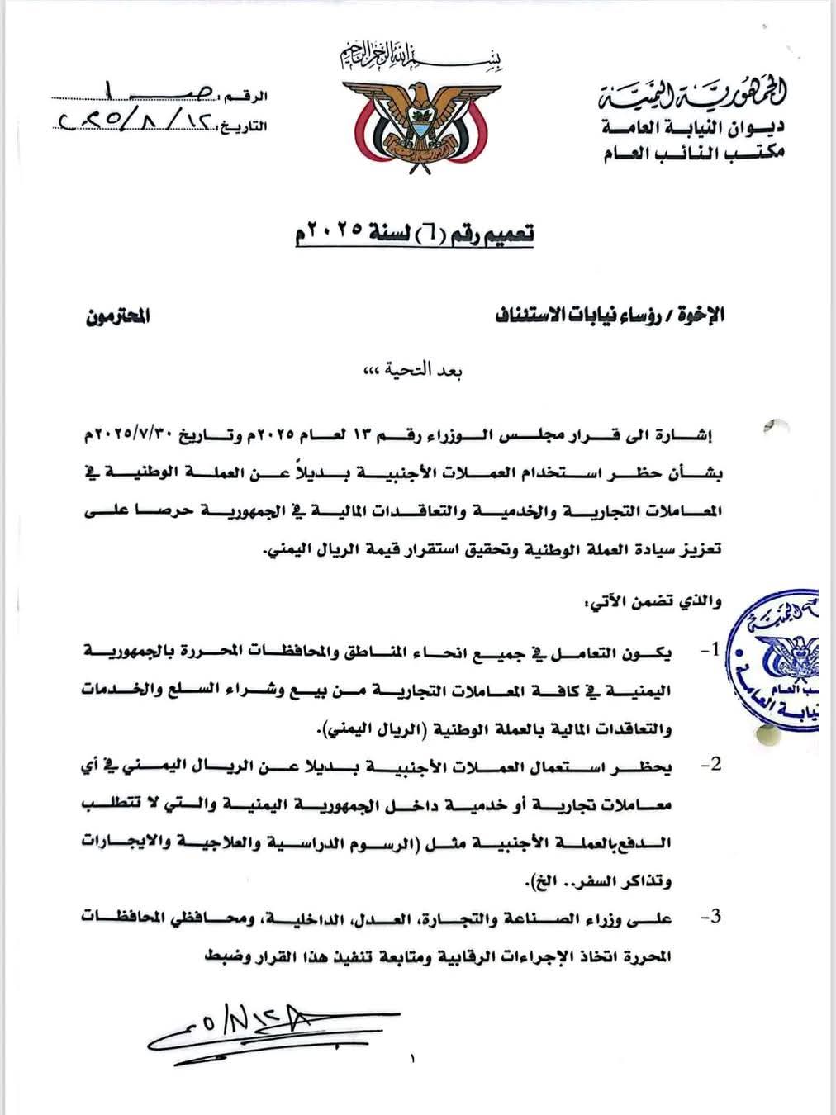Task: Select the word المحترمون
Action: pos(118,316)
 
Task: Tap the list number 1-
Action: pos(709,651)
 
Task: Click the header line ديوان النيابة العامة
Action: pos(694,127)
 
